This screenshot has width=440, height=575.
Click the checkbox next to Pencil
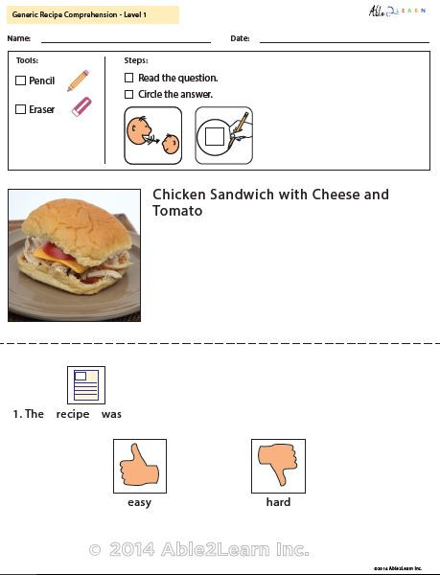click(x=21, y=81)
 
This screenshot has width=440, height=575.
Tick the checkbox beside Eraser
click(x=21, y=109)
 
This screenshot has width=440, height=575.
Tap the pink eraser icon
click(x=81, y=107)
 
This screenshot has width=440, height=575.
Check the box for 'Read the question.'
click(x=129, y=78)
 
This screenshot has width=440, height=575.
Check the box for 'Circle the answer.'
click(x=129, y=95)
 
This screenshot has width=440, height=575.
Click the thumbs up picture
click(x=139, y=466)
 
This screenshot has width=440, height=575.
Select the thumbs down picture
click(x=278, y=466)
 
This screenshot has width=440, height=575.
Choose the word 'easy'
click(x=139, y=502)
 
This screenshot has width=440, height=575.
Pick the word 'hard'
click(x=278, y=502)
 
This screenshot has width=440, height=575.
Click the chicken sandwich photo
click(x=74, y=255)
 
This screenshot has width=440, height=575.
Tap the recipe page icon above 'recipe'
click(x=85, y=385)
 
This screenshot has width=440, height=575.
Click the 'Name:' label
click(x=19, y=38)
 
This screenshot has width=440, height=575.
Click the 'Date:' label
click(x=240, y=38)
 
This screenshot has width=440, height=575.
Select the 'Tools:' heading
click(x=27, y=60)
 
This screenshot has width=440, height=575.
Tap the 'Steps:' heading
click(x=136, y=60)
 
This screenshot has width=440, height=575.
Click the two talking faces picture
click(x=152, y=135)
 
